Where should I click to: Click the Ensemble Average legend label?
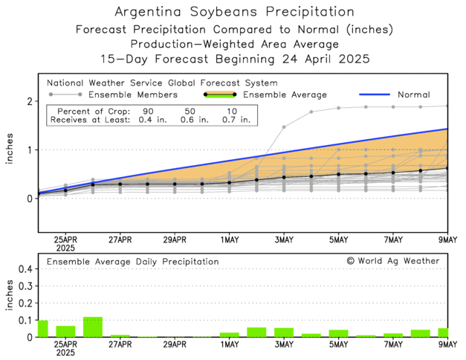coord(285,95)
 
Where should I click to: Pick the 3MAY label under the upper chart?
coord(284,241)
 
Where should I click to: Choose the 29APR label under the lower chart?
coord(175,345)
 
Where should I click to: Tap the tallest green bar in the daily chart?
coord(93,327)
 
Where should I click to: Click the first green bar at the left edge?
coord(42,328)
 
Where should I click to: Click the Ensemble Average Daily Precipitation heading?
coord(132,262)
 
